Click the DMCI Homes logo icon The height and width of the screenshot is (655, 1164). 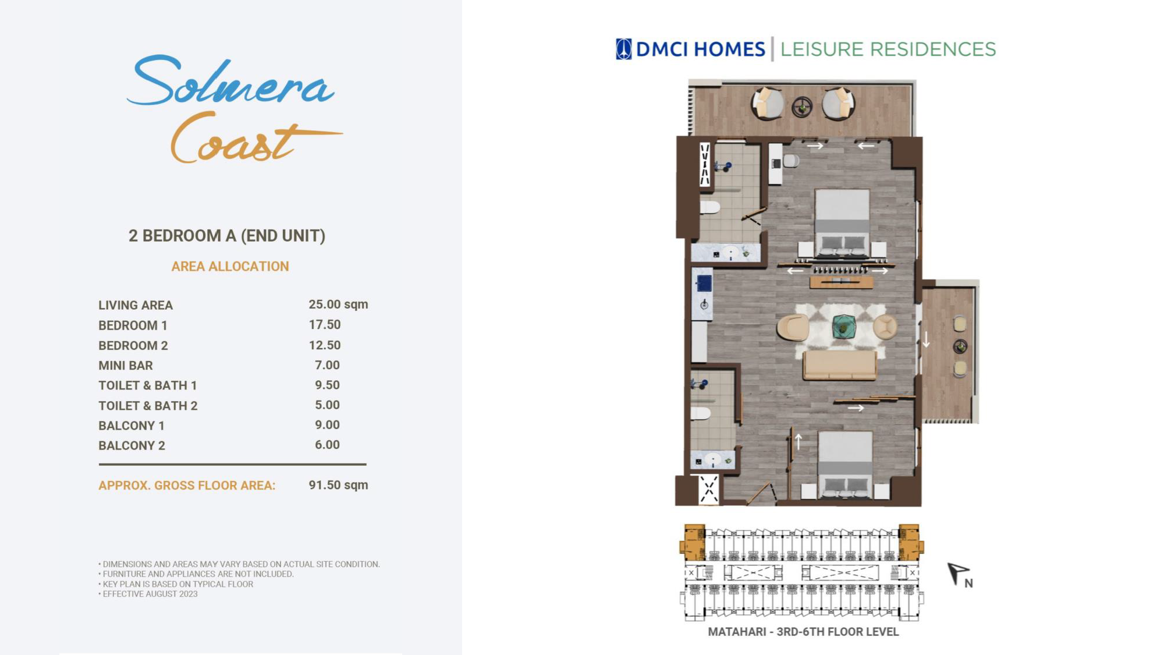point(623,49)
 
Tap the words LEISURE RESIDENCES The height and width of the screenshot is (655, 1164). point(888,49)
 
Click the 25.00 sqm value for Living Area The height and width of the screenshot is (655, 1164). point(338,305)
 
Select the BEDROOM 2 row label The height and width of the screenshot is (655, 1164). point(133,346)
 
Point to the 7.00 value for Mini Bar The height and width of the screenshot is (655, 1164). point(327,365)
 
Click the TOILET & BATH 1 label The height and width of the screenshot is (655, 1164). point(148,385)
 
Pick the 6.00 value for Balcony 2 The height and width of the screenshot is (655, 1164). point(327,445)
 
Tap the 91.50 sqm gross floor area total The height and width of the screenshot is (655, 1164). point(338,485)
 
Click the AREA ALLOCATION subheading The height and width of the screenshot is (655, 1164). point(230,267)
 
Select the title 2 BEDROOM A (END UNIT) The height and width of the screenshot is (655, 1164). point(227,236)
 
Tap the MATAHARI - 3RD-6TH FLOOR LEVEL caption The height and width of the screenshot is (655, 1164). point(803,632)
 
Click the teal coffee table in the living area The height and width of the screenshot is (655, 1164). point(843,327)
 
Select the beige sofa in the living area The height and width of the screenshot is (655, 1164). point(839,365)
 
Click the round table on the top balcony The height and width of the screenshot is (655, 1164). point(802,107)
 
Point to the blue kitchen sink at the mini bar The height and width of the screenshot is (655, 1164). point(704,283)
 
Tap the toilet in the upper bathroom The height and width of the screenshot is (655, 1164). point(710,207)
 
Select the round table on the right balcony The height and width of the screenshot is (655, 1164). point(960,347)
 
